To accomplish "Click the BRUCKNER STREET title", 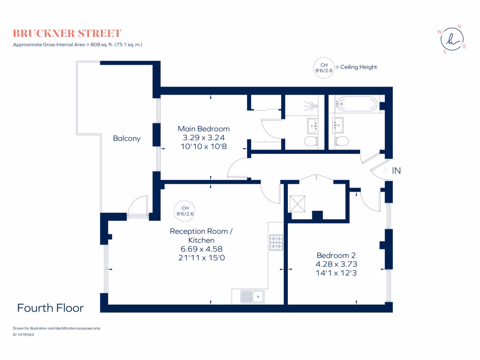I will pyautogui.click(x=67, y=33).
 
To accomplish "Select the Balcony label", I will pyautogui.click(x=127, y=138).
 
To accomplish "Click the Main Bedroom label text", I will pyautogui.click(x=203, y=129).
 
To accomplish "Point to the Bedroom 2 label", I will pyautogui.click(x=336, y=255).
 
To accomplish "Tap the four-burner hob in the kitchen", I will pyautogui.click(x=276, y=242).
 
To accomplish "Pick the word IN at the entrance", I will pyautogui.click(x=396, y=171).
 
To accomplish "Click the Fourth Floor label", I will pyautogui.click(x=51, y=308).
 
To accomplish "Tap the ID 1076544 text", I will pyautogui.click(x=23, y=335).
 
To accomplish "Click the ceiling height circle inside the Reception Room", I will pyautogui.click(x=185, y=210).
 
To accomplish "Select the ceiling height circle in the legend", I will pyautogui.click(x=323, y=67).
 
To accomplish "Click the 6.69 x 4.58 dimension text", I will pyautogui.click(x=201, y=249).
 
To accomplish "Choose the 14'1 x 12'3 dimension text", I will pyautogui.click(x=336, y=273).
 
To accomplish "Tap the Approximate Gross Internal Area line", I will pyautogui.click(x=78, y=45).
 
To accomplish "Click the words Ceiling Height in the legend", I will pyautogui.click(x=359, y=67).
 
